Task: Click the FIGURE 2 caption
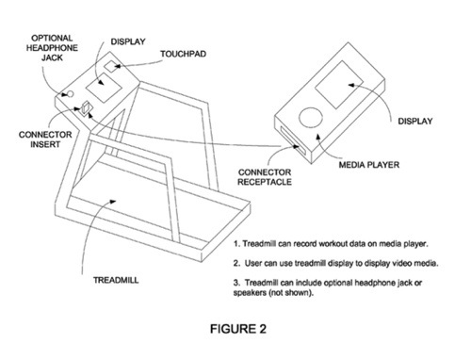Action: [x=238, y=329]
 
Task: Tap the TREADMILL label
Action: [x=116, y=280]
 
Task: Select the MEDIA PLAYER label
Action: [x=369, y=165]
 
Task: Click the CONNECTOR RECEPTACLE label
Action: [x=265, y=177]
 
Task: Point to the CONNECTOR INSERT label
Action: [x=45, y=139]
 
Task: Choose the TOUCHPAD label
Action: [x=184, y=54]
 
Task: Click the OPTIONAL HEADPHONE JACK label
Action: [x=52, y=48]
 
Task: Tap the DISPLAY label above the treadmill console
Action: [x=128, y=41]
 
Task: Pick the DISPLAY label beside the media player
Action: [x=415, y=122]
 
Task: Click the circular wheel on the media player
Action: [x=311, y=118]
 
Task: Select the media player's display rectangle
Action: [x=339, y=85]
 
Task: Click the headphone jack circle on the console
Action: [x=71, y=94]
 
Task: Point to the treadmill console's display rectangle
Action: [x=104, y=88]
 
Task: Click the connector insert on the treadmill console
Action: [x=85, y=108]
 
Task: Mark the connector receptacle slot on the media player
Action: [x=293, y=140]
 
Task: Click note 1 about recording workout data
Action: [x=331, y=244]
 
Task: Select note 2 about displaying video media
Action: [x=335, y=263]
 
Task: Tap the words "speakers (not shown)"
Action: [x=273, y=293]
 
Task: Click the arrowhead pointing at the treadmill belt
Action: [x=113, y=201]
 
